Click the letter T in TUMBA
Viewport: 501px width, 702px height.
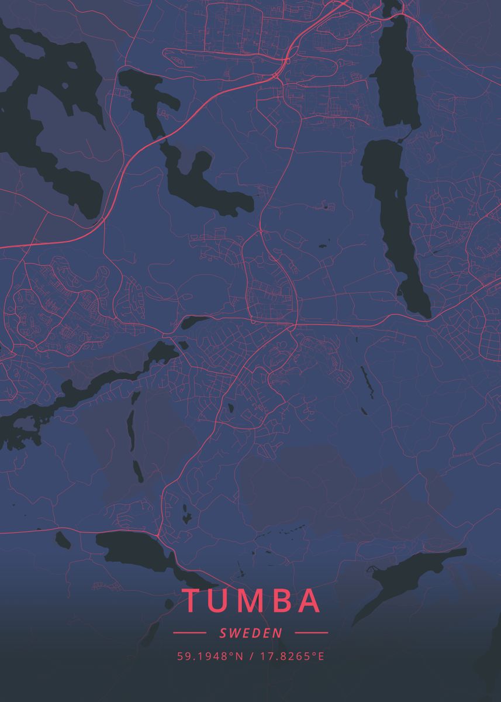coord(192,601)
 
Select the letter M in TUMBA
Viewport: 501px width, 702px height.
coord(252,601)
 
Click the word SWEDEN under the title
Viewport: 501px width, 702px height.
coord(251,632)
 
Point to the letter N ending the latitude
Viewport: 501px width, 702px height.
coord(239,656)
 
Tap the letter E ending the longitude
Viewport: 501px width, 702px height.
coord(320,656)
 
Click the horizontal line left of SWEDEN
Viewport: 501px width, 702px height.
coord(189,632)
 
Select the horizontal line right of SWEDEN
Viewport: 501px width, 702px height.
coord(312,632)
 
